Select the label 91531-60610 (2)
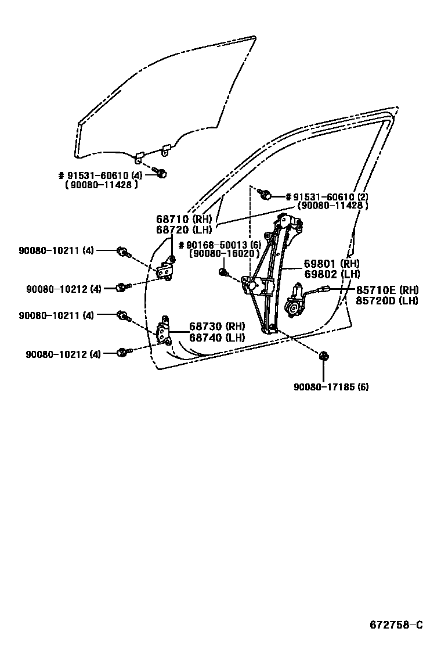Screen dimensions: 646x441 [x=327, y=196]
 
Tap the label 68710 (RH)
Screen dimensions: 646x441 [x=185, y=219]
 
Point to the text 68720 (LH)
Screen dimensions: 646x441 [x=185, y=229]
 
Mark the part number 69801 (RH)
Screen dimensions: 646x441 [x=331, y=264]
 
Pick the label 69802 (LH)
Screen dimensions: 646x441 [x=331, y=274]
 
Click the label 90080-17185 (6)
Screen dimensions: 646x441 [x=331, y=387]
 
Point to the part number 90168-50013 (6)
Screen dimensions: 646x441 [x=220, y=244]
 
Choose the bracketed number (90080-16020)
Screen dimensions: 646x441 [x=223, y=254]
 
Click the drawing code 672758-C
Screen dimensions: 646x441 [x=397, y=625]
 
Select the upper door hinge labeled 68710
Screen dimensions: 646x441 [x=167, y=269]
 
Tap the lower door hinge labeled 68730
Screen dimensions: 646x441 [x=165, y=331]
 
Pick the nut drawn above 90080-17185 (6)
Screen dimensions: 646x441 [x=323, y=356]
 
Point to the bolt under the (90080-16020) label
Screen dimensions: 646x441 [x=224, y=271]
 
